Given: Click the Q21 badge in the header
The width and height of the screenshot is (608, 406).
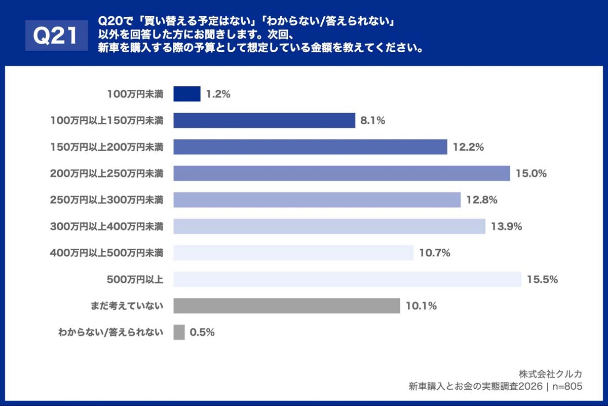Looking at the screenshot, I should pos(56,36).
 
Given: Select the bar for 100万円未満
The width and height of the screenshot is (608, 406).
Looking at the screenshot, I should pos(187,94).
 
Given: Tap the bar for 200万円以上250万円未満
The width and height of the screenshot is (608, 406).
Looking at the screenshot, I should pos(341,173).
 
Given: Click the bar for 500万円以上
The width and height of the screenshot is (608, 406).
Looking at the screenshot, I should pos(347,279).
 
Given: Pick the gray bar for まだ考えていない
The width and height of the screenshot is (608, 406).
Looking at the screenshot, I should pos(287,306).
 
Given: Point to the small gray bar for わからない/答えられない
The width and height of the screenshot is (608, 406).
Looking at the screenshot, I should pos(179,332).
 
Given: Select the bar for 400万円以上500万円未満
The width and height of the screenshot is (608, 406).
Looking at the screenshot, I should pos(293,253).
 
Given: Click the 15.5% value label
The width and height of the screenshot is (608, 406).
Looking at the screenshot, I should pos(542,279).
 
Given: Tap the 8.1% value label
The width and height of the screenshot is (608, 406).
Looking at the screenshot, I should pos(373,121).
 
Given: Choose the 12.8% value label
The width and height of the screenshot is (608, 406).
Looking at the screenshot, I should pos(481,200).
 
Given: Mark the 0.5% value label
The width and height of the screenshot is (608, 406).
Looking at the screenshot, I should pos(202,332).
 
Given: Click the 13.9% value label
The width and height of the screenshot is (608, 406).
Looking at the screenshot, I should pos(506,226).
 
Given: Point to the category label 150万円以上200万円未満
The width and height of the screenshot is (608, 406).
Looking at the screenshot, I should pos(106,147).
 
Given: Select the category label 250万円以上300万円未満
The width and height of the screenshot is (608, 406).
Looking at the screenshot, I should pos(106,200).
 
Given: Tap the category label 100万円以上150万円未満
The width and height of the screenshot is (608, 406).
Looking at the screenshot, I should pos(106,121).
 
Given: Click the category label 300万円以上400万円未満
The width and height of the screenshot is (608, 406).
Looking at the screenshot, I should pos(106,226).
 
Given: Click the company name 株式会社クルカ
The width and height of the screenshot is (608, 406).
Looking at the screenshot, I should pos(550,374).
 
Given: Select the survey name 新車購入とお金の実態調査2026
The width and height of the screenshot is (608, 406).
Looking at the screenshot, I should pos(475,386).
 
